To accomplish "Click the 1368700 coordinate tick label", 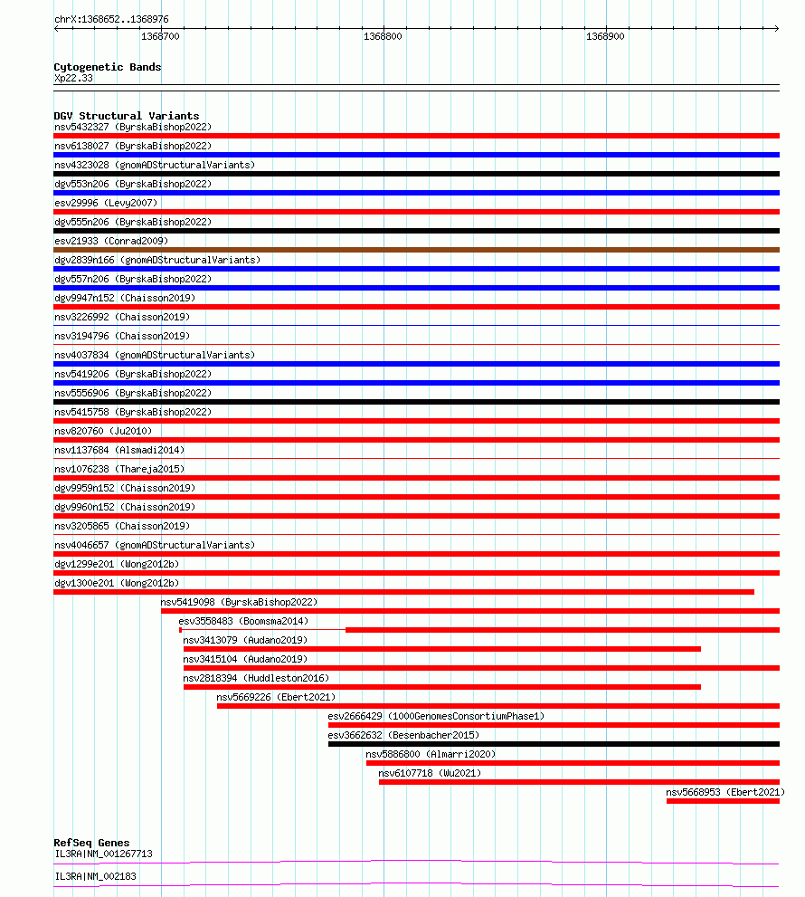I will (x=161, y=36).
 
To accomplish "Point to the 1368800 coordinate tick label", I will (x=383, y=36).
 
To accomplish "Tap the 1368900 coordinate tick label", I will (x=605, y=36).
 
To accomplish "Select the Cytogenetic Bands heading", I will (x=107, y=67).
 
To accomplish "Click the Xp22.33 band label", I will (x=73, y=78).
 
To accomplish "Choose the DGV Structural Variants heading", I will (x=126, y=116).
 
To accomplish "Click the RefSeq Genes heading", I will (x=91, y=843).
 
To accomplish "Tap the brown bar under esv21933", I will (x=416, y=250).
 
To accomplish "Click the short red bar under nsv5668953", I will (x=723, y=801).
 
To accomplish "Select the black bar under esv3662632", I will (x=554, y=744).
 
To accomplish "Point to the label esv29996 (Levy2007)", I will (x=105, y=203).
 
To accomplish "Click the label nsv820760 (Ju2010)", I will (x=103, y=431).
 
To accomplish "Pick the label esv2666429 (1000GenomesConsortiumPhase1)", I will (x=436, y=716).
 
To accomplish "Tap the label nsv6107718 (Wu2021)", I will (x=430, y=773).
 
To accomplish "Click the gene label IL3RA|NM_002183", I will (x=96, y=876).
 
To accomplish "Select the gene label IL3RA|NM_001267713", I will (x=103, y=854).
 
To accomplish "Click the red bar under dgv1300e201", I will (x=403, y=592).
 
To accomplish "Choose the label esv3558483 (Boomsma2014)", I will (x=243, y=621).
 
